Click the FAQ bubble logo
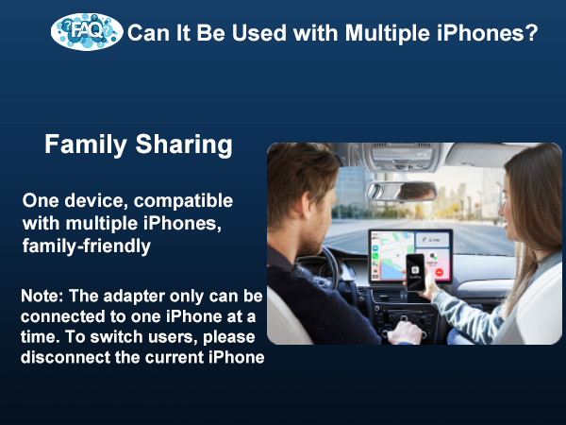click(87, 32)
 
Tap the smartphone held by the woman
click(416, 273)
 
